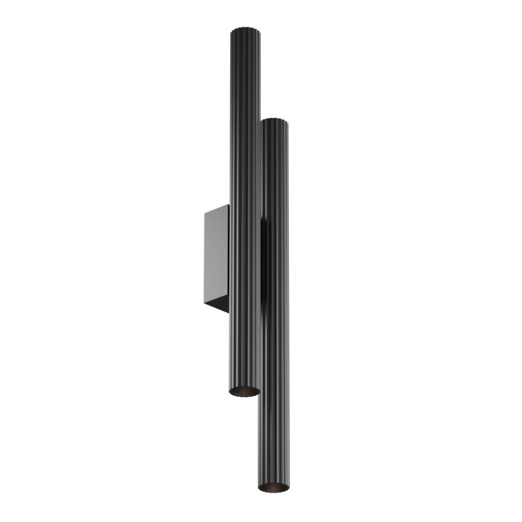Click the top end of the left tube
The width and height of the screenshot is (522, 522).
tap(244, 30)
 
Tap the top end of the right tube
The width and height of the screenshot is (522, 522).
tap(274, 120)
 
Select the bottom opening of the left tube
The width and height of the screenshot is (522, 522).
tap(245, 391)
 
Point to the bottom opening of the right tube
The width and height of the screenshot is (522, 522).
tap(273, 486)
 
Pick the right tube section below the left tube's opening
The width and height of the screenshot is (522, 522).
tap(274, 437)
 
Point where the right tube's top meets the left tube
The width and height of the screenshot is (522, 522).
tap(261, 124)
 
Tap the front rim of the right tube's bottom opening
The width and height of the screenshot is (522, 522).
tap(273, 491)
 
